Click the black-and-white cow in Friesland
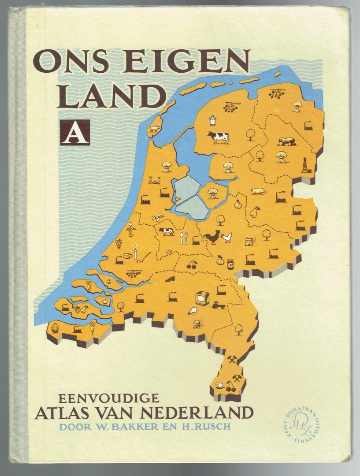pos(219,137)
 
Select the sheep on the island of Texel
pos(154,129)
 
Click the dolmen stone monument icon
pos(286,141)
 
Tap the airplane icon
pos(157,217)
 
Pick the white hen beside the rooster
pos(226,238)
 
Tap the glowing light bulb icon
pos(193,310)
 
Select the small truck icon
pos(219,305)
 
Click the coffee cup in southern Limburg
pos(219,385)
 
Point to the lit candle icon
pos(136,253)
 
